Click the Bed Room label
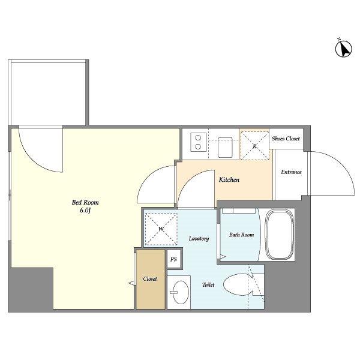click(x=85, y=202)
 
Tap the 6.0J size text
click(x=85, y=211)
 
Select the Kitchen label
click(x=229, y=179)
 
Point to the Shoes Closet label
click(x=286, y=139)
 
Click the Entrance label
click(x=291, y=172)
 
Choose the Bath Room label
click(x=242, y=235)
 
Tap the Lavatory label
click(x=199, y=239)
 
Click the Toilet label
click(x=208, y=284)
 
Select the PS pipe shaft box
click(x=173, y=259)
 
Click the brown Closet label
click(x=149, y=279)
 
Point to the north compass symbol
click(x=343, y=48)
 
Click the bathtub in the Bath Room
click(x=280, y=234)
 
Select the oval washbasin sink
click(x=181, y=292)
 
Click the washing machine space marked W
click(x=161, y=229)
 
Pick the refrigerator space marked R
click(x=254, y=146)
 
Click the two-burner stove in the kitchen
click(x=199, y=142)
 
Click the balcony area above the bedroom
click(x=48, y=92)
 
